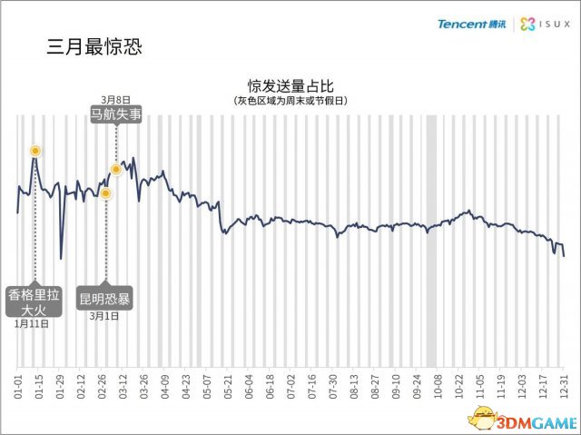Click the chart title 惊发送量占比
pyautogui.click(x=290, y=84)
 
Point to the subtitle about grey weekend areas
pyautogui.click(x=290, y=100)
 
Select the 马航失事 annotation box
pyautogui.click(x=116, y=115)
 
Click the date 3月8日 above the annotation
pyautogui.click(x=116, y=99)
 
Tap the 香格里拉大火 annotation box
pyautogui.click(x=34, y=302)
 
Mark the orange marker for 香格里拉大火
pyautogui.click(x=34, y=151)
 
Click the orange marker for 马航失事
pyautogui.click(x=116, y=169)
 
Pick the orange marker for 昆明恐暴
pyautogui.click(x=105, y=193)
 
